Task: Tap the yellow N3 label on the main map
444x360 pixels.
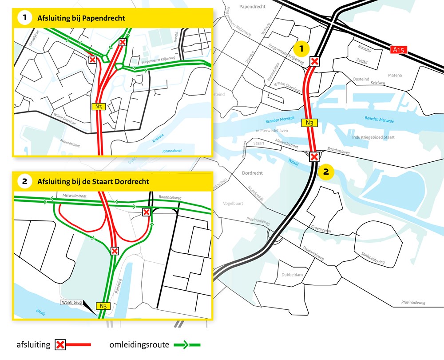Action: (x=310, y=123)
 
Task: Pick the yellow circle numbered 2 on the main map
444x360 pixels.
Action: (x=325, y=172)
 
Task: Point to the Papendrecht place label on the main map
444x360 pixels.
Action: (x=252, y=7)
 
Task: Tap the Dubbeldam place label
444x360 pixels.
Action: (x=292, y=275)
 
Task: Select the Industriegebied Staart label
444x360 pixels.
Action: (x=373, y=137)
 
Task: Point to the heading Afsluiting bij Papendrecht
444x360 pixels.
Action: (x=81, y=18)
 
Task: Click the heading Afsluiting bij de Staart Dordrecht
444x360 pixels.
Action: (x=93, y=181)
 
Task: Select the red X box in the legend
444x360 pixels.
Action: (x=60, y=344)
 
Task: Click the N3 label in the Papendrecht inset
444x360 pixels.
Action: (x=99, y=106)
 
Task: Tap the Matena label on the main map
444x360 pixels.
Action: (x=395, y=76)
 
